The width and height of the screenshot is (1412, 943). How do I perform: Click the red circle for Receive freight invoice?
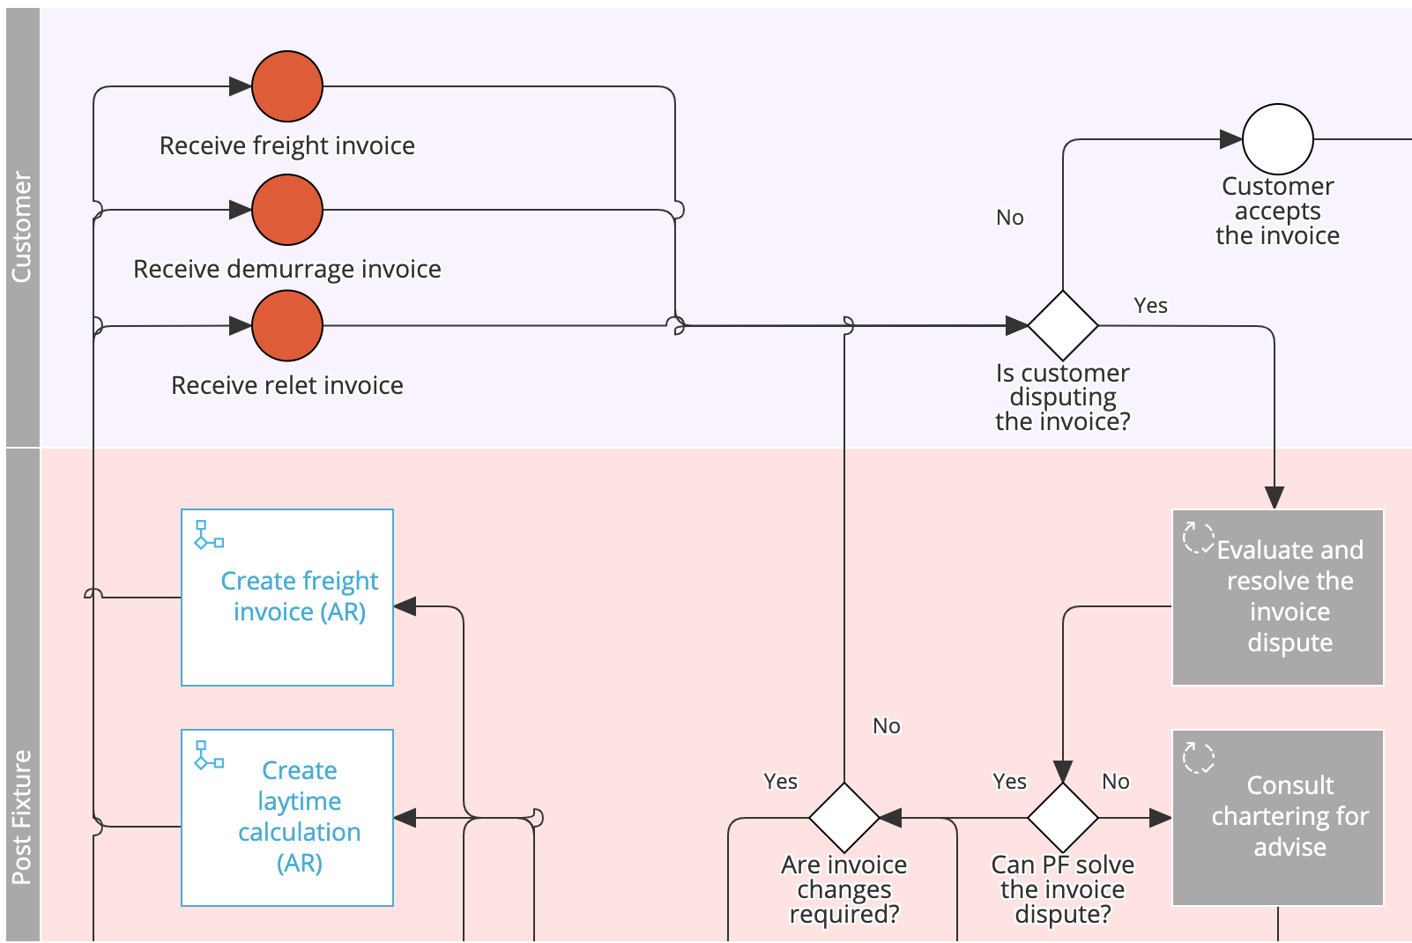coord(287,86)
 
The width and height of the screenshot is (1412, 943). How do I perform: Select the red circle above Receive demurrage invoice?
coord(287,210)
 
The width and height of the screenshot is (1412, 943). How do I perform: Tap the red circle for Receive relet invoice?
coord(287,326)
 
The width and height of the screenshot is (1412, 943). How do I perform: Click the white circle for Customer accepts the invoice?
coord(1277,139)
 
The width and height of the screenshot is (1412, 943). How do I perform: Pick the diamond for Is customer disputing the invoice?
coord(1063,326)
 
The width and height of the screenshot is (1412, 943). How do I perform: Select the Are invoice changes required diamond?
coord(844,818)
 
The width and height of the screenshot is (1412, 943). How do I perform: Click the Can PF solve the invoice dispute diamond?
coord(1063,818)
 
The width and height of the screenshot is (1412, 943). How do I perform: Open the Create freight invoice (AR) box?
coord(287,598)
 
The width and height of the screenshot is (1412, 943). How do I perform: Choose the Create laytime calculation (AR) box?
coord(287,818)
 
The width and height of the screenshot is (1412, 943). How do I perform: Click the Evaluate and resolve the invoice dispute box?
coord(1277,598)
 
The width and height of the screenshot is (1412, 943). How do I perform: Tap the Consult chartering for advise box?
coord(1277,818)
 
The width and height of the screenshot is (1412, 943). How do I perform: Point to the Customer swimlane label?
coord(22,227)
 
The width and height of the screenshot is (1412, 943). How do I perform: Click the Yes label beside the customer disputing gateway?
coord(1150,306)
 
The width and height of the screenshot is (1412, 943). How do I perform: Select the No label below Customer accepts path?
coord(1010,218)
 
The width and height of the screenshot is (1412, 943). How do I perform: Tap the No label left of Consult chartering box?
coord(1116,782)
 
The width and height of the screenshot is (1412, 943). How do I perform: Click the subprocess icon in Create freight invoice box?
coord(208,535)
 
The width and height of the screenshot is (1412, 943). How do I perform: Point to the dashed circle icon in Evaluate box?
coord(1198,537)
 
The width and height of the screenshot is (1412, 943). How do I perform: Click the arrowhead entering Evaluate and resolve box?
coord(1275,498)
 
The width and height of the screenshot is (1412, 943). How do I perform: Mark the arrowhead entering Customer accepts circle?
coord(1230,139)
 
